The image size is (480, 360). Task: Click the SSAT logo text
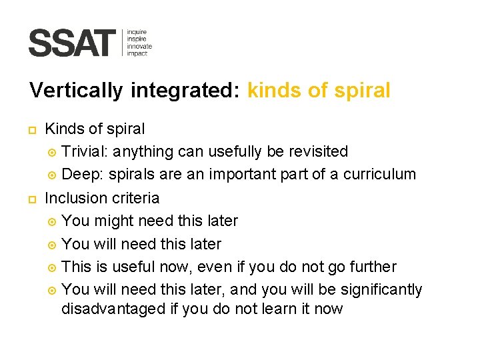tap(72, 43)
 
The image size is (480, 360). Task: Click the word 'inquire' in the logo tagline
tap(137, 32)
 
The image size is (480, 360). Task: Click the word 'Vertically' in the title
tap(76, 91)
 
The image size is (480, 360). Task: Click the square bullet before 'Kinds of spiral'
tap(33, 129)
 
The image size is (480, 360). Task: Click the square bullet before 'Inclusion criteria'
tap(33, 199)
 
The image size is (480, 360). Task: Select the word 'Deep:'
tap(82, 175)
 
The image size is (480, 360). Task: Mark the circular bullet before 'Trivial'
tap(52, 152)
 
